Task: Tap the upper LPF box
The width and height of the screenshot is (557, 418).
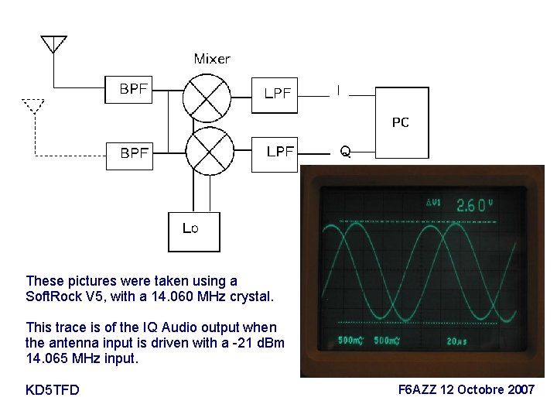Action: point(276,93)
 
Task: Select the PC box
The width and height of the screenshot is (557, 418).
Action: point(401,122)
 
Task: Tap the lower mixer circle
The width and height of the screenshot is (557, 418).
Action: point(209,152)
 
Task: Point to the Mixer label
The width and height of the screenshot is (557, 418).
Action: point(211,59)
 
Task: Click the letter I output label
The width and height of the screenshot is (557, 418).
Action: point(338,91)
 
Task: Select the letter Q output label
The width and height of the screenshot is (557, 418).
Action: point(345,152)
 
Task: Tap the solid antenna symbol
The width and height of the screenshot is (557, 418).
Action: point(53,44)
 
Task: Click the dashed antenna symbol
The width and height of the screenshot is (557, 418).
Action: point(33,105)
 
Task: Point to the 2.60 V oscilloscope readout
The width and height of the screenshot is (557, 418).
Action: point(472,205)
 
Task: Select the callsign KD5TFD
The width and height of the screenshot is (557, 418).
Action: point(53,389)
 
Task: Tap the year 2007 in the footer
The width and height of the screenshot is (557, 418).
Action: point(519,389)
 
